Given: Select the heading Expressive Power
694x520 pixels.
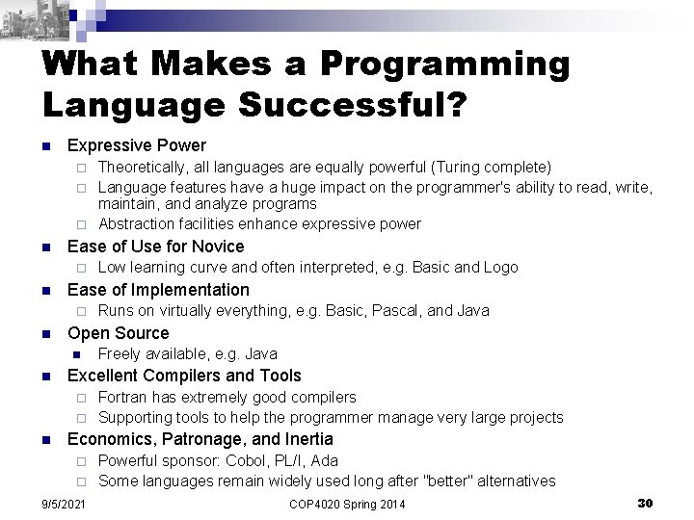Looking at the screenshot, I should point(136,145).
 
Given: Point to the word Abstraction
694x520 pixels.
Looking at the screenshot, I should point(136,224).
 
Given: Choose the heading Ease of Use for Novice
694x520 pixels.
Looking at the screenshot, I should point(155,247).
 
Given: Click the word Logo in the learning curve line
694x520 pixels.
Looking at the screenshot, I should point(501,268).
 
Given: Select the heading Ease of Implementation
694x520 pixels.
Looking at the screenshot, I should point(158,290).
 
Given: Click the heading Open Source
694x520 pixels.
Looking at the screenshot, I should point(118,333).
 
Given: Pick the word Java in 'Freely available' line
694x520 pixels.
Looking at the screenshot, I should point(260,354).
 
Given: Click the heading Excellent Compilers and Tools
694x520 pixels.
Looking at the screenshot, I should point(184,376).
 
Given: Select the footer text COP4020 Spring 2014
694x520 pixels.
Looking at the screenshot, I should point(347,505).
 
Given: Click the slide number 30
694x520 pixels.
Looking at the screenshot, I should point(645,503).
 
